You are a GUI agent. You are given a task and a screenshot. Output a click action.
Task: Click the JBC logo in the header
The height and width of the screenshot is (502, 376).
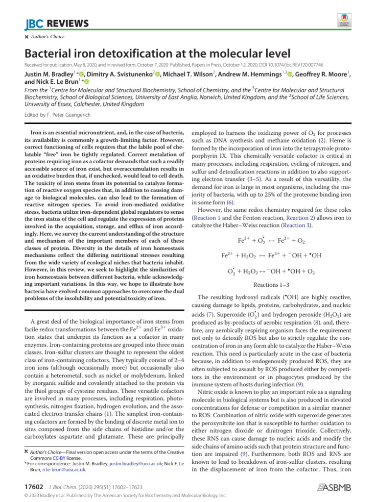pyautogui.click(x=33, y=24)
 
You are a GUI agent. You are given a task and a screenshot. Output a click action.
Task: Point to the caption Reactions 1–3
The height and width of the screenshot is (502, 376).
pyautogui.click(x=271, y=284)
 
